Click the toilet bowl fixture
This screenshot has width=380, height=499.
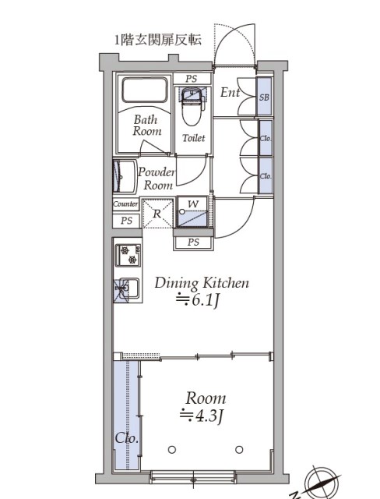192,108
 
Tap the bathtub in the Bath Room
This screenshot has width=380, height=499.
145,90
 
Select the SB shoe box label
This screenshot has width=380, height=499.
264,97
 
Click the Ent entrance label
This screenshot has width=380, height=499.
230,93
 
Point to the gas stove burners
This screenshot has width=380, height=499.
128,255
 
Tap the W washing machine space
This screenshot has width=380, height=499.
192,211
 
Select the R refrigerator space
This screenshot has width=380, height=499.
157,214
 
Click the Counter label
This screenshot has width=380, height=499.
125,204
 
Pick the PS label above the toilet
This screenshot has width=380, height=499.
192,79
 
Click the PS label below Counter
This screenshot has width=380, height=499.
126,221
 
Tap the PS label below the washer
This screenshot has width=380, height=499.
193,242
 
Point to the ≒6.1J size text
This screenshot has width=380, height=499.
198,300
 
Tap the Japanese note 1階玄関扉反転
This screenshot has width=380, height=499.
158,40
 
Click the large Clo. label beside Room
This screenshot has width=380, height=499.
127,438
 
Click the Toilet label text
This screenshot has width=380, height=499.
193,138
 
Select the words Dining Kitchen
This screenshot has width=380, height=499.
202,283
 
